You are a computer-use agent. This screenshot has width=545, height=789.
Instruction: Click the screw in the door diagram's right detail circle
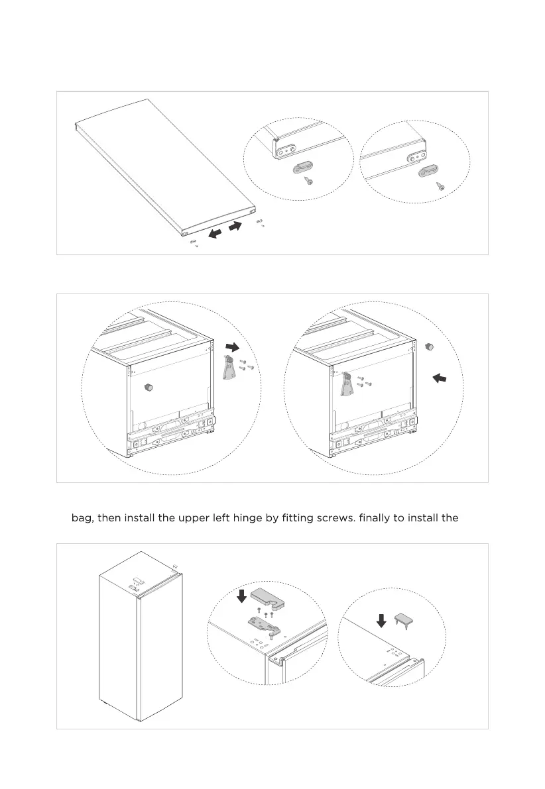click(440, 186)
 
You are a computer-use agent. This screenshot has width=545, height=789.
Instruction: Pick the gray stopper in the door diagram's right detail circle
click(427, 172)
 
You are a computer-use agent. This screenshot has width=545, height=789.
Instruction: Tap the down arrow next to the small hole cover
click(381, 621)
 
